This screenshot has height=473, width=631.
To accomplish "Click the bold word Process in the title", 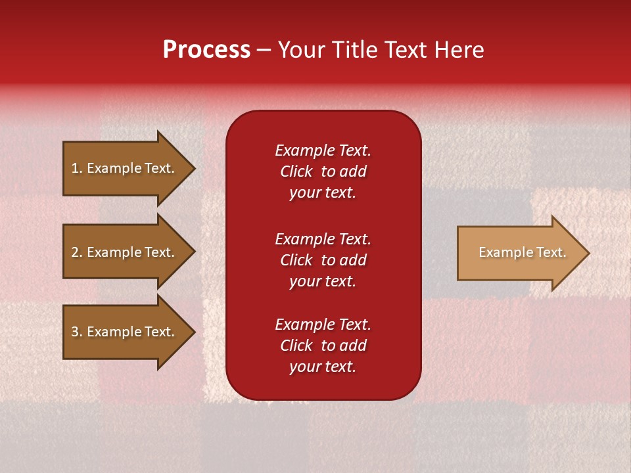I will (x=206, y=50).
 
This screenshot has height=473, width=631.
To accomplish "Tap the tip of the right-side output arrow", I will (x=587, y=253).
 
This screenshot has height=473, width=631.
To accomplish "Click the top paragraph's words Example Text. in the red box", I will (x=323, y=150).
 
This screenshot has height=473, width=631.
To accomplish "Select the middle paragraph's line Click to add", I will (x=323, y=260).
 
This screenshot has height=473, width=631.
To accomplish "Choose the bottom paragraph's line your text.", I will (x=323, y=367).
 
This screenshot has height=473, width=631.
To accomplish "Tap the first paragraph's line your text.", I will (x=323, y=193).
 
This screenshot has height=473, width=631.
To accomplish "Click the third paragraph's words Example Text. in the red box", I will (x=323, y=325).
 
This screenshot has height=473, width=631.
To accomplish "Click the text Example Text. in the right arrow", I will (x=522, y=252).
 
